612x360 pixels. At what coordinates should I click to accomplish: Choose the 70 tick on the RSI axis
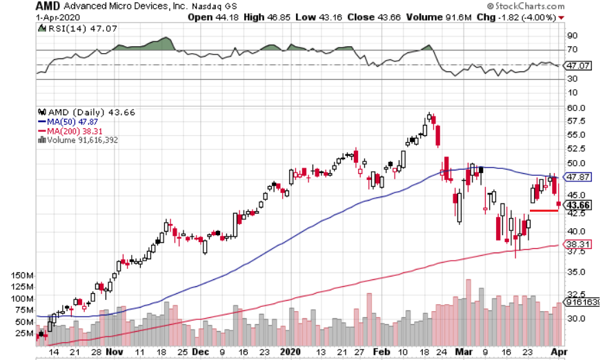pyautogui.click(x=572, y=50)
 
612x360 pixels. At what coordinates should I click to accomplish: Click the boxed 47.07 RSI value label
pyautogui.click(x=577, y=66)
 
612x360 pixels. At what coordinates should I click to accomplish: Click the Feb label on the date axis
pyautogui.click(x=384, y=351)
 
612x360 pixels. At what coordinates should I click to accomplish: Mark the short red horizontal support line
pyautogui.click(x=543, y=210)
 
